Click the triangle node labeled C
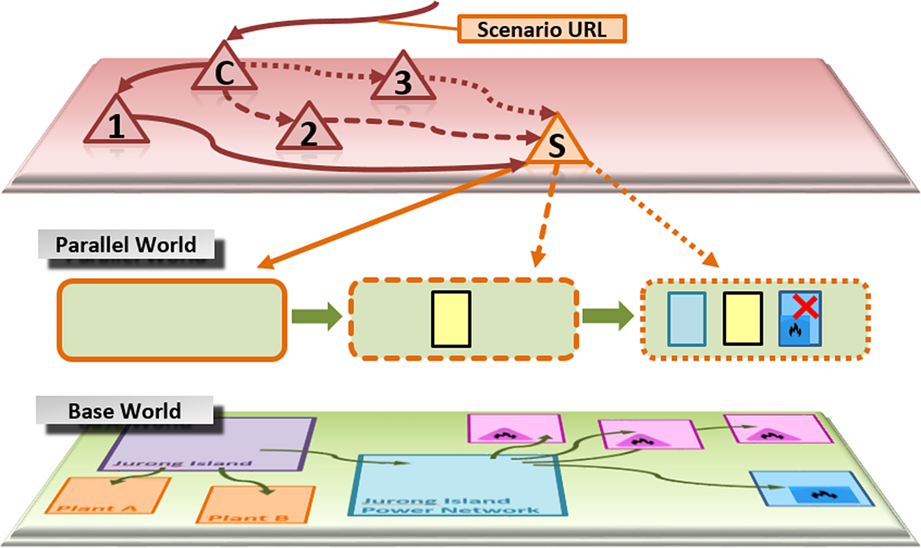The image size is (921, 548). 224,70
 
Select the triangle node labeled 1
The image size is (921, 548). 117,123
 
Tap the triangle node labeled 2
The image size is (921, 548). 309,130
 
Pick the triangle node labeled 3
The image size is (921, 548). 403,79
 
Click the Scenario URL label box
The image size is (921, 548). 542,29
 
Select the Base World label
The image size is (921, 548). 126,412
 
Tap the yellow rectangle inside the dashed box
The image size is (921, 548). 451,318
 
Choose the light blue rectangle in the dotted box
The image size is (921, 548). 686,318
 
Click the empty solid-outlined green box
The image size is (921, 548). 171,319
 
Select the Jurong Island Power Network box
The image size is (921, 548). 455,485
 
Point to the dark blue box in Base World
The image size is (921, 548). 812,488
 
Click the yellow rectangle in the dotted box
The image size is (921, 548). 743,318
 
